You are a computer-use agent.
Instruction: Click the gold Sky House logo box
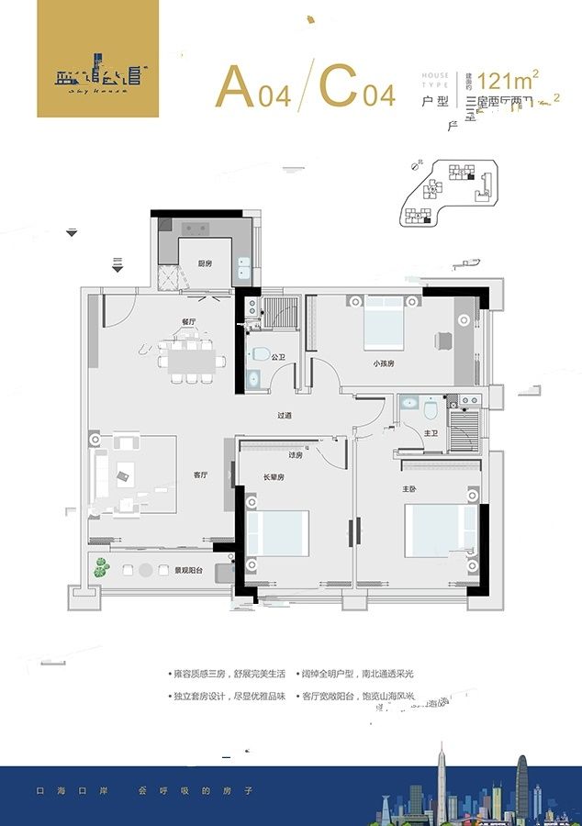pyautogui.click(x=97, y=72)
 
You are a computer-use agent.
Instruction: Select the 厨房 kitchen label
pyautogui.click(x=205, y=263)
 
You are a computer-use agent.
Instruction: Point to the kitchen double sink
pyautogui.click(x=244, y=268)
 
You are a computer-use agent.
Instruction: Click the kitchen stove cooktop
pyautogui.click(x=196, y=229)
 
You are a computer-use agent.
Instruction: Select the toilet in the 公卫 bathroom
pyautogui.click(x=260, y=354)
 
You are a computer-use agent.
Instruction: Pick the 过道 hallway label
pyautogui.click(x=285, y=416)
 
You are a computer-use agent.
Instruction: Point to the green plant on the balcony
pyautogui.click(x=99, y=568)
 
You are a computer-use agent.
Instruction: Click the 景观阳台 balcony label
pyautogui.click(x=189, y=570)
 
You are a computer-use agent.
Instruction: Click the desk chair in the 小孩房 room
pyautogui.click(x=442, y=340)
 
